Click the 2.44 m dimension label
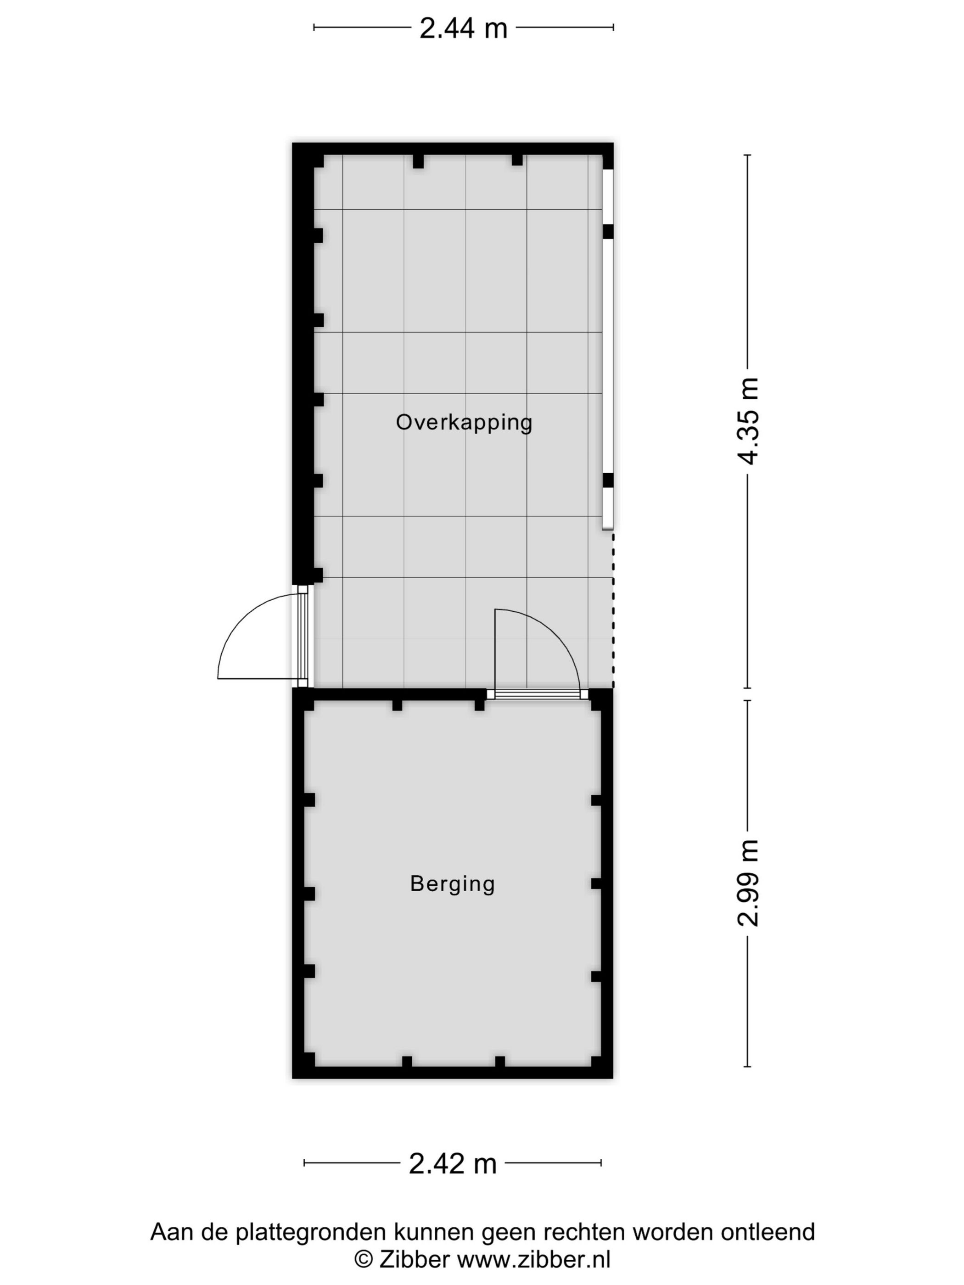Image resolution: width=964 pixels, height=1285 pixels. coord(463,28)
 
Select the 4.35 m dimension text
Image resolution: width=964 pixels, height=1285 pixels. coord(748,421)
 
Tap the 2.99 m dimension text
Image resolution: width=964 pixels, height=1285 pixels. coord(748,883)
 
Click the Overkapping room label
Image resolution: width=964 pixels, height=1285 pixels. coord(464,422)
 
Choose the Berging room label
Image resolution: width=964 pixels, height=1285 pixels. coord(452,883)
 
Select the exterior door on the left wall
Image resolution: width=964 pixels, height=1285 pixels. coord(303,636)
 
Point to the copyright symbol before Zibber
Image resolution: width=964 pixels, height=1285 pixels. coord(364,1259)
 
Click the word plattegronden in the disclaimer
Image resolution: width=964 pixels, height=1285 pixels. coord(312,1232)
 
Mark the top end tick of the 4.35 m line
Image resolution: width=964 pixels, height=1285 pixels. coord(748,155)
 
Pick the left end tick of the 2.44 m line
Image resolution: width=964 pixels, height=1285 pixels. coord(314,27)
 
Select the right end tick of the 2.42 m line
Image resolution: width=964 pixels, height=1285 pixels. coord(601,1163)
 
